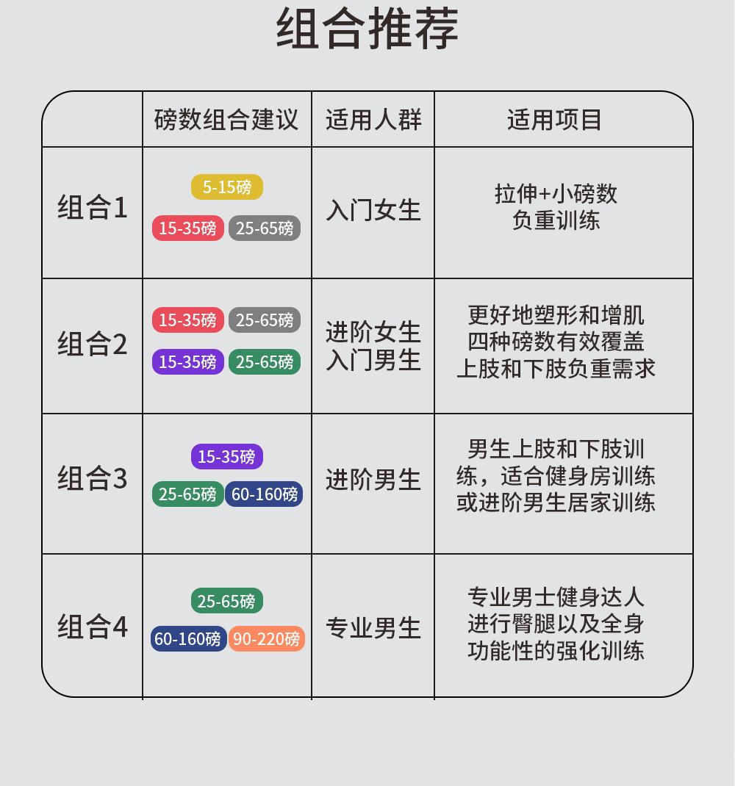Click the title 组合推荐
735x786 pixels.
coord(367,29)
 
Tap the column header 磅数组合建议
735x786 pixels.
coord(226,119)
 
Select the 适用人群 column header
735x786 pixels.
coord(373,119)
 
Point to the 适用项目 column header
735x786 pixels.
coord(554,119)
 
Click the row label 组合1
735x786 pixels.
coord(93,208)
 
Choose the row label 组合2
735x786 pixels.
coord(93,344)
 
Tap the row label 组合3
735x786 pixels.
coord(93,479)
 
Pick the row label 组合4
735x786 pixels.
coord(93,627)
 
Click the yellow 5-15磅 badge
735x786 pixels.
coord(226,187)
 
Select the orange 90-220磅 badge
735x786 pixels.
coord(266,639)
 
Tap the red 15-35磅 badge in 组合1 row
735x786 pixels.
coord(187,228)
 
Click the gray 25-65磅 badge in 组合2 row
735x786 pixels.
coord(265,320)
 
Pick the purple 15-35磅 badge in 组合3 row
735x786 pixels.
coord(226,457)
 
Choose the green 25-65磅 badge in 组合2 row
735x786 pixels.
coord(265,362)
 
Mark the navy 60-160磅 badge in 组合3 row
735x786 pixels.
coord(265,494)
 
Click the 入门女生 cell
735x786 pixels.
coord(373,211)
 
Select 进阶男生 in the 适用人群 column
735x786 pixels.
coord(373,480)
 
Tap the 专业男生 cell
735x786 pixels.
coord(373,629)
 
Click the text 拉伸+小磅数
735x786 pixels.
coord(556,194)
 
